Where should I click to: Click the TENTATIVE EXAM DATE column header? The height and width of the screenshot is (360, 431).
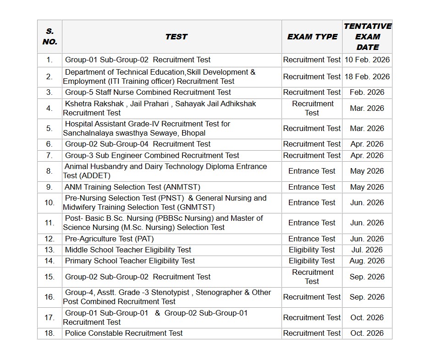[x=367, y=37]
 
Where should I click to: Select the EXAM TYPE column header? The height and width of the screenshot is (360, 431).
[x=312, y=37]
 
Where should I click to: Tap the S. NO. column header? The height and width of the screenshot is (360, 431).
[x=50, y=37]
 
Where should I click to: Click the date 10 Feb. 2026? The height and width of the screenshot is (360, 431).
[x=367, y=60]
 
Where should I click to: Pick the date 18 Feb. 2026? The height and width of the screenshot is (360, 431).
[x=367, y=76]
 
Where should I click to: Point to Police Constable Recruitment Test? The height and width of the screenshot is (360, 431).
[x=124, y=333]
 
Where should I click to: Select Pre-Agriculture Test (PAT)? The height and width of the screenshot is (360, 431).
[x=109, y=239]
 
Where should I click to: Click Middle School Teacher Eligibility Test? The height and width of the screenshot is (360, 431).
[x=128, y=250]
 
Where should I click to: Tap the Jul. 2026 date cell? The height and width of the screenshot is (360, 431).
[x=367, y=250]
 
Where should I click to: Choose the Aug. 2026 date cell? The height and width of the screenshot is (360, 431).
[x=367, y=261]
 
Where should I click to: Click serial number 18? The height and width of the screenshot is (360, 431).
[x=50, y=333]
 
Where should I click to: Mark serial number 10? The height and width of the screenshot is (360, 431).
[x=50, y=202]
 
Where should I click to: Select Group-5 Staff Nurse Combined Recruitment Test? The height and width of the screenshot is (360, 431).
[x=148, y=92]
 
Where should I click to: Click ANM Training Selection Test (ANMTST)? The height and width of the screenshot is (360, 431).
[x=133, y=187]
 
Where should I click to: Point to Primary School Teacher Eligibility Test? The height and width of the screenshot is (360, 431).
[x=130, y=261]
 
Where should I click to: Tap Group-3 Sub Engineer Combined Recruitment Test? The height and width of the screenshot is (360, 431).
[x=152, y=155]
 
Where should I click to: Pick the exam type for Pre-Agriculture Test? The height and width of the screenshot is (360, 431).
[x=312, y=239]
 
